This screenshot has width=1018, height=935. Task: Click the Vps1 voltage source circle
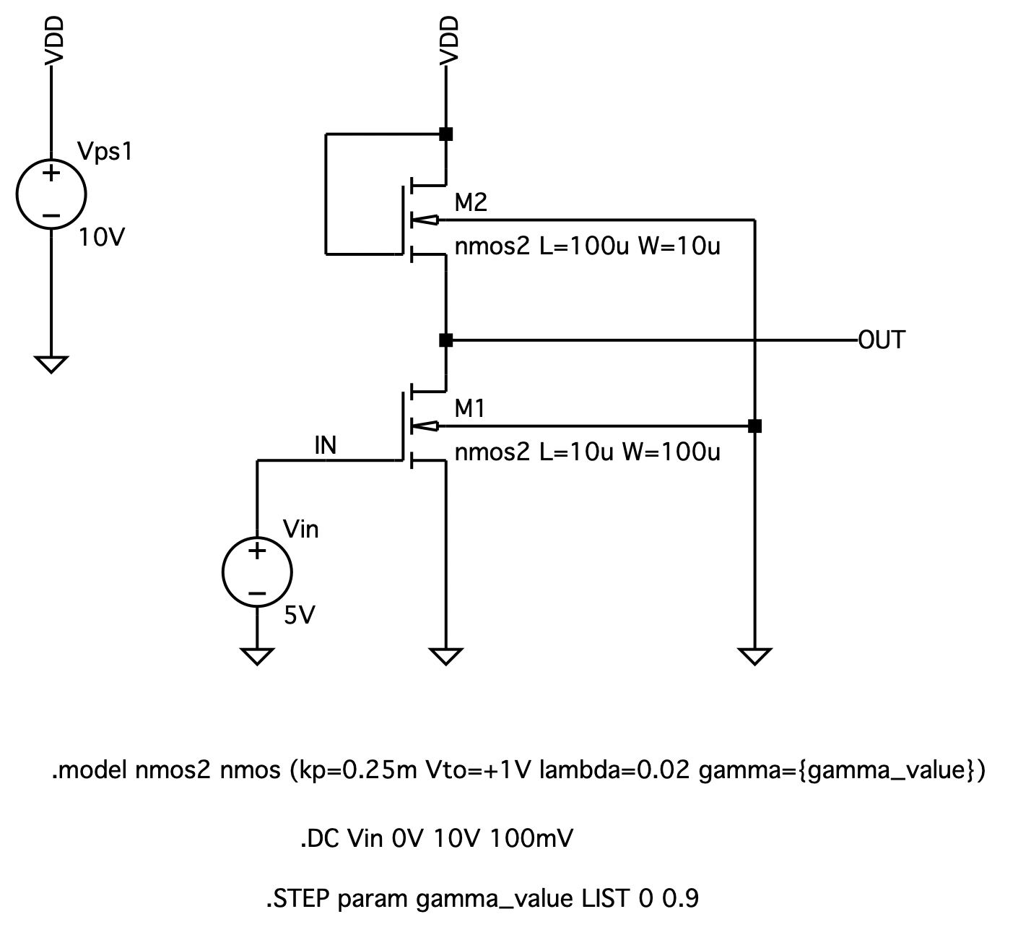[x=51, y=194]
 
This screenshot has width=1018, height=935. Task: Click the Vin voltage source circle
[x=258, y=572]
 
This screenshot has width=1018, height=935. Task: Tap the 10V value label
[x=102, y=237]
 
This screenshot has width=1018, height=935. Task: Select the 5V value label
[x=300, y=616]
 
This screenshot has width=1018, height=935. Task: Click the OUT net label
[x=881, y=340]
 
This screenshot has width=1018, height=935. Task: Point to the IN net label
[x=325, y=446]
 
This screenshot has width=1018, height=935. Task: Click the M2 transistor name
[x=471, y=203]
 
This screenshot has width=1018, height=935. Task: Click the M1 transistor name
[x=470, y=409]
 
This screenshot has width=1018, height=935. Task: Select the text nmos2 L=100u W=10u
[x=587, y=247]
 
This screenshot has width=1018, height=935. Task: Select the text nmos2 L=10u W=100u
[x=587, y=452]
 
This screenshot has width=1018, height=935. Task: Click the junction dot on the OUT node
[x=446, y=340]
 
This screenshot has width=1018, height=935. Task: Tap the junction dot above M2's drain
[x=446, y=134]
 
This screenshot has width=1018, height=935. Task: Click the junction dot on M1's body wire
[x=754, y=426]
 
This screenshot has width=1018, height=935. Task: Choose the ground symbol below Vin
[x=258, y=656]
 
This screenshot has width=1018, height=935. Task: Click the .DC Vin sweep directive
[x=437, y=839]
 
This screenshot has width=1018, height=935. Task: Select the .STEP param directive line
[x=482, y=900]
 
